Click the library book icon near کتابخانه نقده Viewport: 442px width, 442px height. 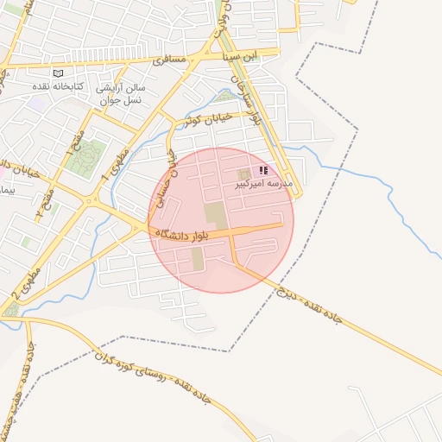pyautogui.click(x=58, y=73)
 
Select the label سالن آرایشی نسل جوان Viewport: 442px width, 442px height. pyautogui.click(x=121, y=92)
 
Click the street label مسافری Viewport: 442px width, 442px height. pyautogui.click(x=169, y=61)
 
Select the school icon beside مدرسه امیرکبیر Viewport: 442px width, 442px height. pyautogui.click(x=262, y=171)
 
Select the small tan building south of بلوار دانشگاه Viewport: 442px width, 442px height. pyautogui.click(x=198, y=257)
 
